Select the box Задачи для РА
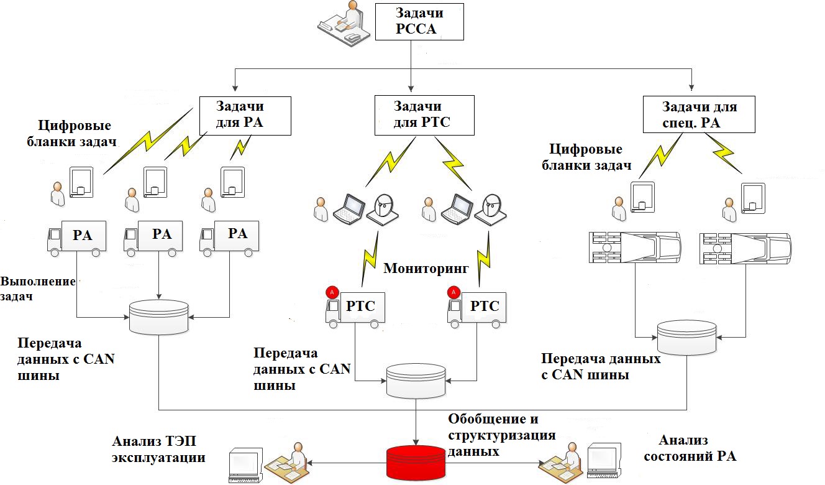(245, 115)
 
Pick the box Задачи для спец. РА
(699, 114)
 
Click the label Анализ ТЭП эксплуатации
(158, 450)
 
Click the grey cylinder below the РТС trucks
(416, 379)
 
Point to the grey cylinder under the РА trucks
(158, 316)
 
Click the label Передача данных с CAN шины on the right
(601, 367)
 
